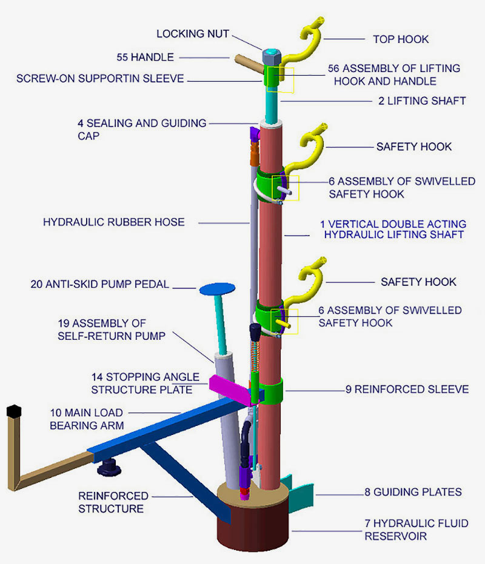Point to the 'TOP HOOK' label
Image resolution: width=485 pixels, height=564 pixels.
[400, 39]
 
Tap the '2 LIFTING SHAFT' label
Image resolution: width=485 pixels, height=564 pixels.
[422, 101]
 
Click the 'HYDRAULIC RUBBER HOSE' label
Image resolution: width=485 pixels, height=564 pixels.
[113, 222]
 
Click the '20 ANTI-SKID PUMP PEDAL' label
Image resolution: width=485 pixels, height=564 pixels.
[99, 284]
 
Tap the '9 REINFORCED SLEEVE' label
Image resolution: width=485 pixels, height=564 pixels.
[407, 389]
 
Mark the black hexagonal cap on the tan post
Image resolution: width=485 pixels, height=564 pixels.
[12, 411]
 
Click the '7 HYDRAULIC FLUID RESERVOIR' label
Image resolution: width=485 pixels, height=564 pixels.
[416, 529]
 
